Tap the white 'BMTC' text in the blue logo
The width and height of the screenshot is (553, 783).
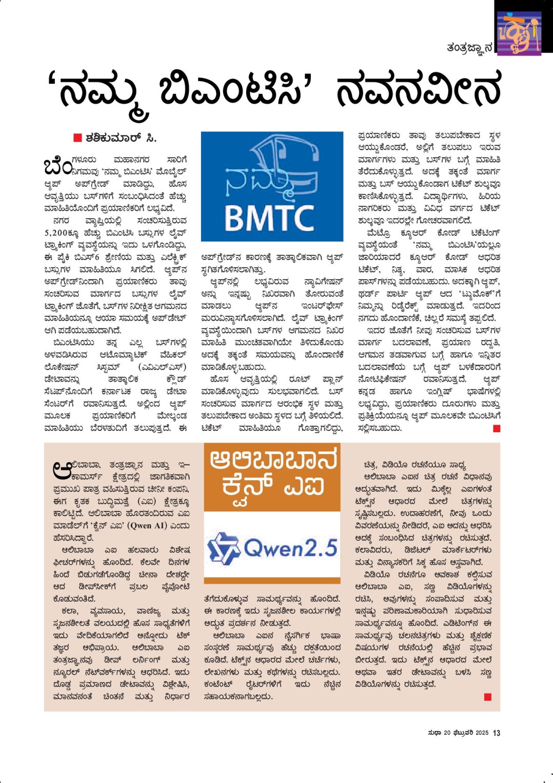(x=269, y=218)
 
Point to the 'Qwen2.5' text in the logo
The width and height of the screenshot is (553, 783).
(x=290, y=548)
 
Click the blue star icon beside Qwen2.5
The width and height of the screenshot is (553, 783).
(x=224, y=548)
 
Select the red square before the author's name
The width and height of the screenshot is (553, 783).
(x=77, y=138)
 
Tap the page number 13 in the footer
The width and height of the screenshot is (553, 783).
(x=496, y=733)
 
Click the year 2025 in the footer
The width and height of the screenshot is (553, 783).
(x=482, y=733)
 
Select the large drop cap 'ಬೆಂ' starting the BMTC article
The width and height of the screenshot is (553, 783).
(x=58, y=166)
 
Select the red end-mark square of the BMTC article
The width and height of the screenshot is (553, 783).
(x=496, y=428)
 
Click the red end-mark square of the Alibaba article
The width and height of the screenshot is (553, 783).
(x=487, y=697)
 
